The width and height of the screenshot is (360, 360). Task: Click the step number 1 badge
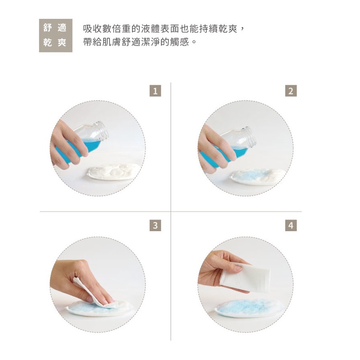pos(155,91)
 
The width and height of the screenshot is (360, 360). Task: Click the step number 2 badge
pos(291,91)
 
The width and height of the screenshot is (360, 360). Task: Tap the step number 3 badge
pos(155,225)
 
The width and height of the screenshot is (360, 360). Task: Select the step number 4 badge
pos(291,225)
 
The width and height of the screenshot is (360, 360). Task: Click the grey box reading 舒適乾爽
pos(55,35)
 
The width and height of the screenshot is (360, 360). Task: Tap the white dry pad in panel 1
pos(113,172)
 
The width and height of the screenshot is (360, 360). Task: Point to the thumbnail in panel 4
pos(239,268)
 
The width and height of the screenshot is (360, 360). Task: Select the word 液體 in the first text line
pos(150,29)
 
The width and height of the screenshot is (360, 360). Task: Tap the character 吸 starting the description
pos(88,29)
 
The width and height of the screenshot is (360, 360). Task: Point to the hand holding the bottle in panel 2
pos(216,149)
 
